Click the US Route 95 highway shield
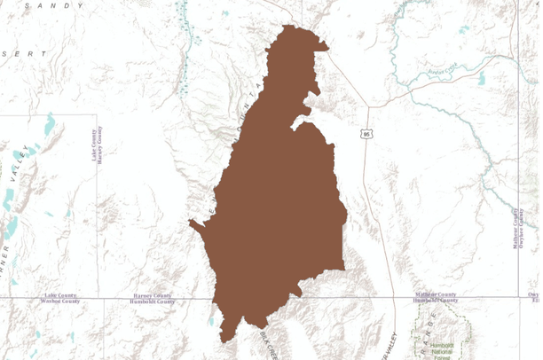click(x=366, y=134)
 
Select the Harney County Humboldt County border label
click(x=153, y=298)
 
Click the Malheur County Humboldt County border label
click(x=435, y=298)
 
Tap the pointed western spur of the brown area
click(x=192, y=223)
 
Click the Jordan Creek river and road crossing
click(x=410, y=85)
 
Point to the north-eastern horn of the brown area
click(x=326, y=47)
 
